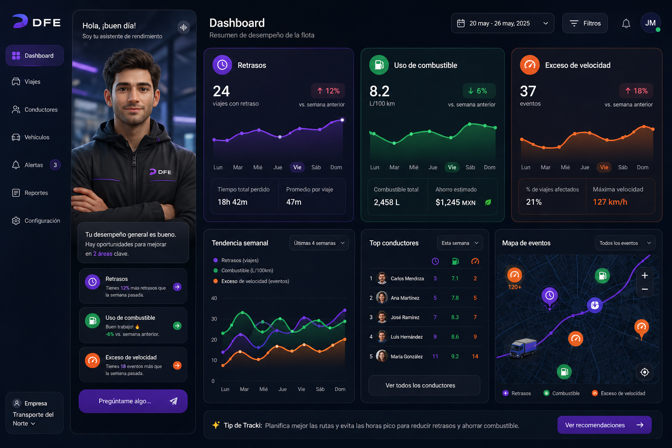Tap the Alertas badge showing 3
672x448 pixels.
[55, 165]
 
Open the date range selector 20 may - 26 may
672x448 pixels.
[502, 23]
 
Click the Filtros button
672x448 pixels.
[585, 23]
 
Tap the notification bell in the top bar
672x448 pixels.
[626, 23]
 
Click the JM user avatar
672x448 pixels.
[650, 23]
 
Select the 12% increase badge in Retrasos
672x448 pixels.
[328, 91]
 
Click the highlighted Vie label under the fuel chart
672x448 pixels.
[452, 167]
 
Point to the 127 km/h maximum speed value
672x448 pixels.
[610, 202]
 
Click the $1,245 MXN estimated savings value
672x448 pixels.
[455, 203]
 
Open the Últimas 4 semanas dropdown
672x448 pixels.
[319, 243]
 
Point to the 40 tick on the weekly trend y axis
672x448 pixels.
[214, 298]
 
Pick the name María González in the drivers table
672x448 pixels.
[406, 357]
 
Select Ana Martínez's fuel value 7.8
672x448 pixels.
[455, 298]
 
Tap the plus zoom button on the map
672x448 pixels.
[644, 276]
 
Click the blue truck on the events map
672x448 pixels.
[523, 348]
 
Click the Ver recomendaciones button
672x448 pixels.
[604, 425]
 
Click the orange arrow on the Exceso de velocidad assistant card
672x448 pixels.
[177, 365]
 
